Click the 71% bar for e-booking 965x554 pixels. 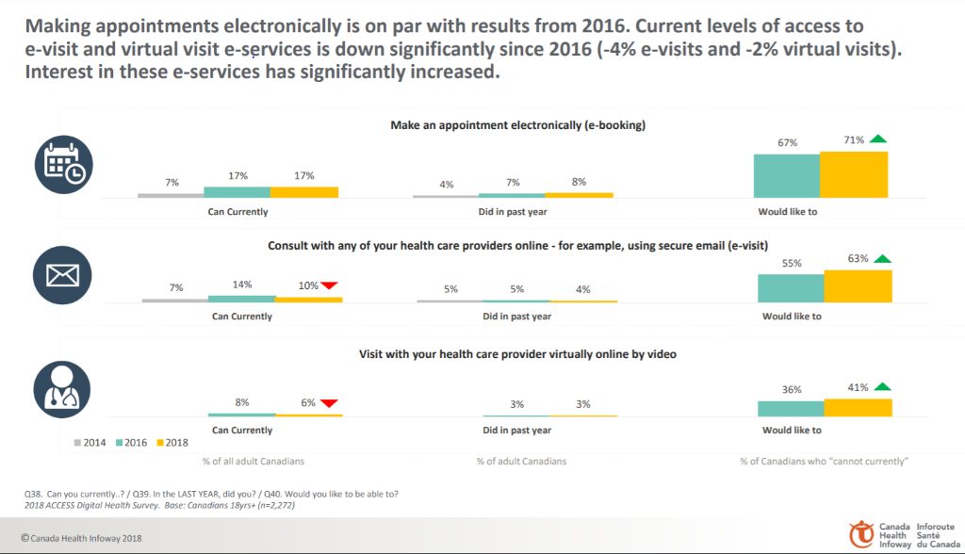pos(854,174)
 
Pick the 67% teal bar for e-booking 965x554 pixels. pos(786,176)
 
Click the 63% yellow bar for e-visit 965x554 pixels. pos(858,286)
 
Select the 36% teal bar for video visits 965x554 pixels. pos(791,408)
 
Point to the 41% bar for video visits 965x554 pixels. pos(858,407)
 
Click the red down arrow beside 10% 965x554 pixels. pos(329,286)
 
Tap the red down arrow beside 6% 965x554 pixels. pos(329,403)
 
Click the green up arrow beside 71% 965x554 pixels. pos(878,140)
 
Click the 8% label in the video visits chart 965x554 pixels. pos(242,402)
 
